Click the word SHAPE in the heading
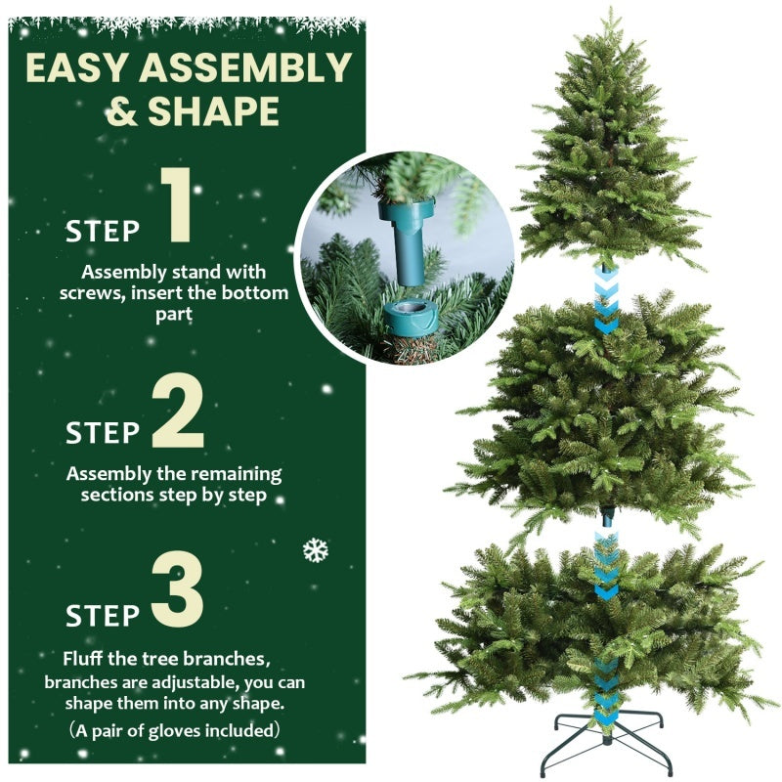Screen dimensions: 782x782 (213, 112)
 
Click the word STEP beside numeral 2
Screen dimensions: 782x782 (103, 432)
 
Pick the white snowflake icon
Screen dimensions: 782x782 (315, 549)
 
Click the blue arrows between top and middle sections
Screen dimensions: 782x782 (606, 300)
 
